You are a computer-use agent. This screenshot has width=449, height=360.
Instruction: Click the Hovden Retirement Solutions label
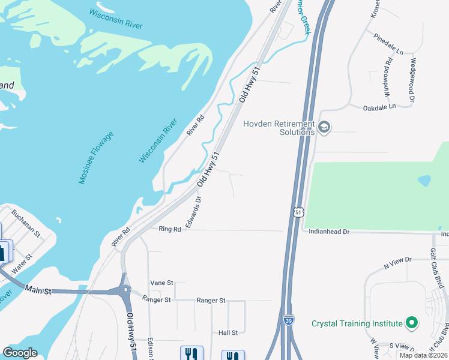279,128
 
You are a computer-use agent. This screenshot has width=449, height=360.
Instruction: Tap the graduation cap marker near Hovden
324,127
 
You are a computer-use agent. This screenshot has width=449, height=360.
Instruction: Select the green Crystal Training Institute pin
411,323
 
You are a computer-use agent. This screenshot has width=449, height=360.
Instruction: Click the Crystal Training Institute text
357,323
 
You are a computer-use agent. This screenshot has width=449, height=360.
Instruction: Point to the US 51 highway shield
298,212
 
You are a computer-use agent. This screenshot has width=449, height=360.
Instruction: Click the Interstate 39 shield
289,320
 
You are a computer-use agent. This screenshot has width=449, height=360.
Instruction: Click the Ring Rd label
170,229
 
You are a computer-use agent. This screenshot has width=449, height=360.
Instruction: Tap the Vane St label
161,282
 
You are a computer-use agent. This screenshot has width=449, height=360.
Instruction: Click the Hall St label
228,332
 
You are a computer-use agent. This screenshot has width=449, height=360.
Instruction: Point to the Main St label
38,290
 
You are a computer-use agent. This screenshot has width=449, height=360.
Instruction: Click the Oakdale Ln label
379,107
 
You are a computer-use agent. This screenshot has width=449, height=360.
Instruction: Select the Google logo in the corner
20,353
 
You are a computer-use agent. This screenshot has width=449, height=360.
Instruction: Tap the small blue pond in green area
424,180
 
